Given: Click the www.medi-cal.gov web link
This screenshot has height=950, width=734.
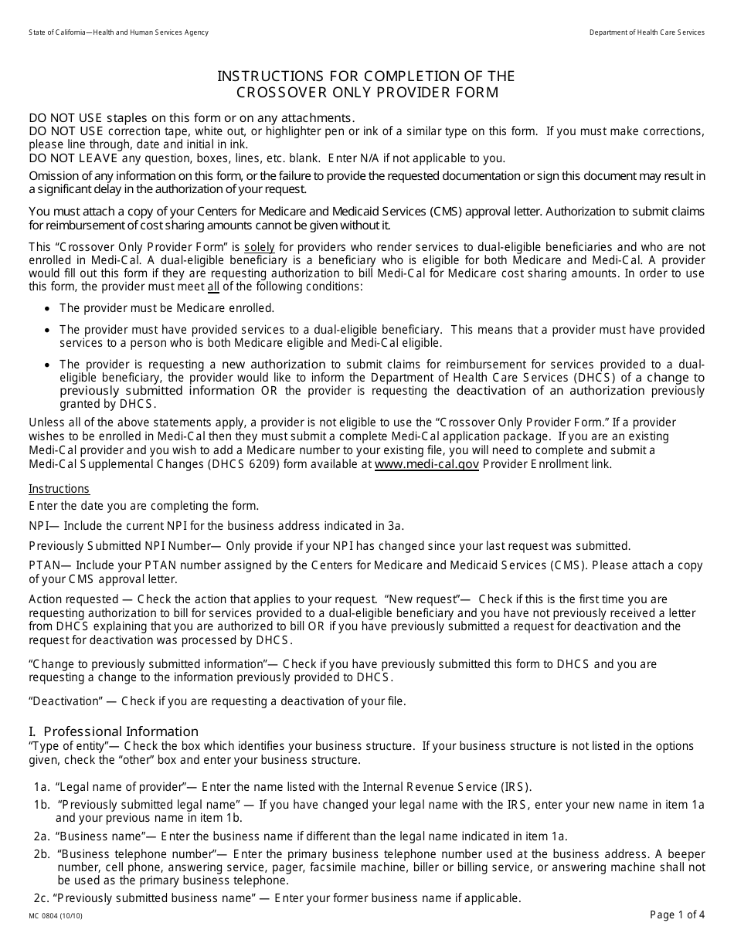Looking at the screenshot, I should tap(426, 464).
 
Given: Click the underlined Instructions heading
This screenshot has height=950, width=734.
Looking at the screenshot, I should tap(59, 489).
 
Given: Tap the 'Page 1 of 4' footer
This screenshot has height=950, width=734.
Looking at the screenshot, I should tap(677, 915).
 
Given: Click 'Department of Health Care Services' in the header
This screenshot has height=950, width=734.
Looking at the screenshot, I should tap(647, 32).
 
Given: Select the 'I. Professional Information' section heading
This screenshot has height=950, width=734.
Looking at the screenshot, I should tap(114, 731).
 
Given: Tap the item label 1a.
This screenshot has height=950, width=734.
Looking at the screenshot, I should tap(41, 787).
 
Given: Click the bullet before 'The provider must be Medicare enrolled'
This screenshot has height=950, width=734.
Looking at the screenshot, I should tap(48, 308).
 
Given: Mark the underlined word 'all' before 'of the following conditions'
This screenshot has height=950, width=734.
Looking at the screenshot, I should tap(213, 287).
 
